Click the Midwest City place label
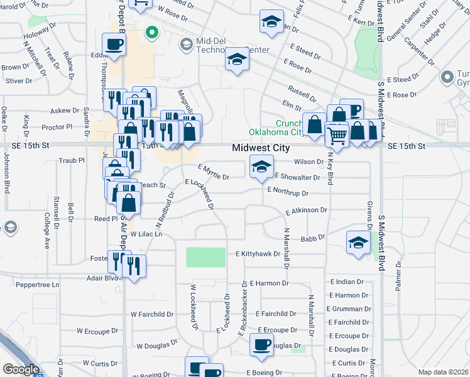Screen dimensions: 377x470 click(x=261, y=148)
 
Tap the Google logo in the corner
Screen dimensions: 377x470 click(x=21, y=369)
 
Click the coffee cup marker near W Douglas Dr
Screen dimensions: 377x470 click(x=261, y=344)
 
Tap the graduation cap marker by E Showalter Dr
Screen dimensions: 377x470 click(x=261, y=167)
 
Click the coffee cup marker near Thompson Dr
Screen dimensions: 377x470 click(x=114, y=44)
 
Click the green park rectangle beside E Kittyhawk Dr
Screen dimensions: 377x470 click(x=205, y=258)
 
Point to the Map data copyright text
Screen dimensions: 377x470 click(x=443, y=372)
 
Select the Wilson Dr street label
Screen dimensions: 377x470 click(x=312, y=162)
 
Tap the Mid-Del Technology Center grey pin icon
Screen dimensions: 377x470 click(x=186, y=45)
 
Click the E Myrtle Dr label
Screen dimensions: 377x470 click(x=213, y=172)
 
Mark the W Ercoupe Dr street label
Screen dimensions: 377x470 click(x=97, y=330)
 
